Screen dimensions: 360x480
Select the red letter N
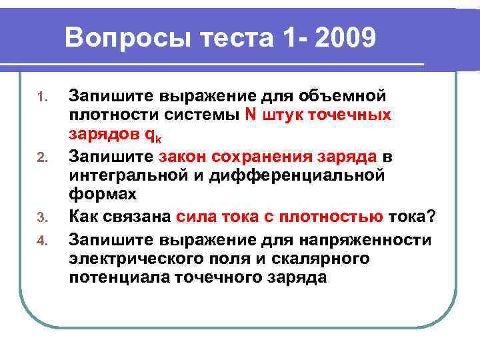coord(250,114)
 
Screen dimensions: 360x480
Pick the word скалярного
coord(315,258)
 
